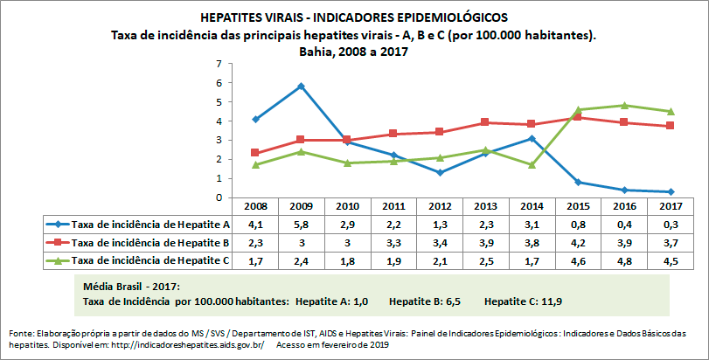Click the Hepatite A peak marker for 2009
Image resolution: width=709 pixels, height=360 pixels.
[x=301, y=86]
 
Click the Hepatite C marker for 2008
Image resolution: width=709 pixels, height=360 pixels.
[x=254, y=165]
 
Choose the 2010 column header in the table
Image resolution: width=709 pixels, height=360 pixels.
[x=348, y=207]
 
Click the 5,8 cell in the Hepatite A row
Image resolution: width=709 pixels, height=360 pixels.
[x=301, y=225]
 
